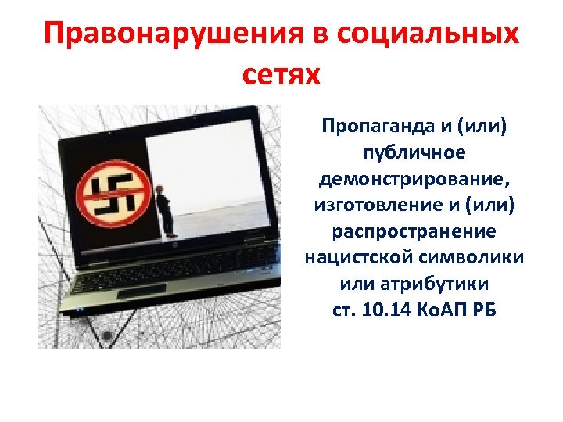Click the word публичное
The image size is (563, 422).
414,153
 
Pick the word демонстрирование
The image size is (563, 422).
414,181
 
